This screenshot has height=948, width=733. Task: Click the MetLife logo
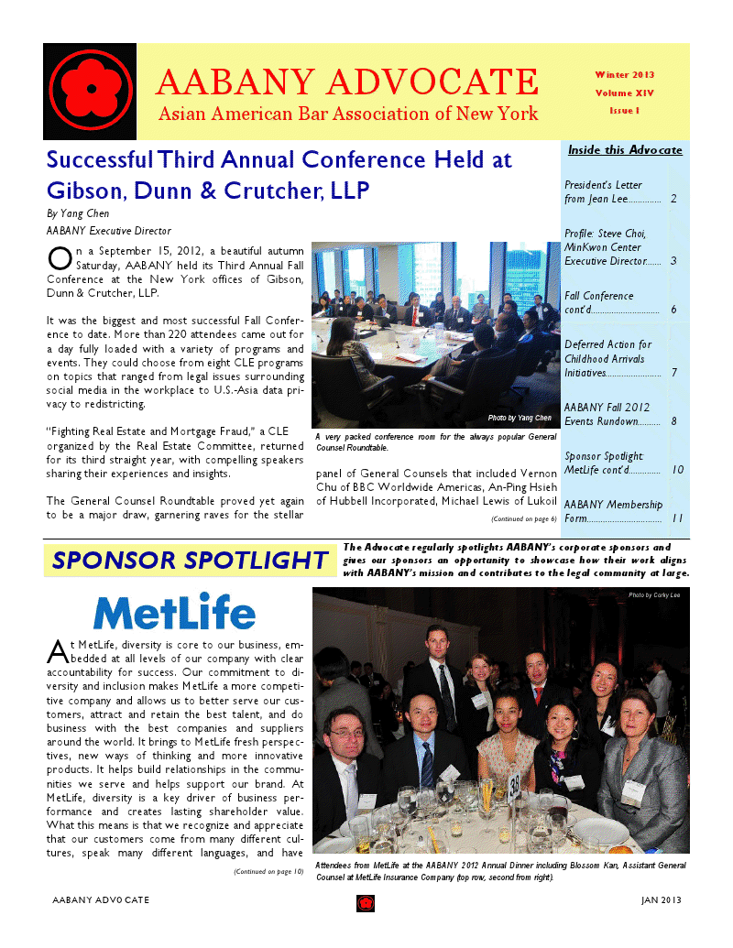pyautogui.click(x=174, y=611)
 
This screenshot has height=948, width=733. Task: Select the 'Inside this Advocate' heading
pyautogui.click(x=625, y=149)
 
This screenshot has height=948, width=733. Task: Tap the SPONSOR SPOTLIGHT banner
pyautogui.click(x=189, y=561)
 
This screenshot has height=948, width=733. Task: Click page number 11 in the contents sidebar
pyautogui.click(x=677, y=518)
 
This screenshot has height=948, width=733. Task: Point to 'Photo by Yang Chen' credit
pyautogui.click(x=520, y=418)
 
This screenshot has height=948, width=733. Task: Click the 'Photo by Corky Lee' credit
pyautogui.click(x=654, y=595)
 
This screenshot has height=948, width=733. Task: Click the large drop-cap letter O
pyautogui.click(x=58, y=257)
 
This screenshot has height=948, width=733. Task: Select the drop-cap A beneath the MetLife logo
pyautogui.click(x=57, y=652)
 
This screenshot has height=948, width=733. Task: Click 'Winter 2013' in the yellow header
pyautogui.click(x=624, y=74)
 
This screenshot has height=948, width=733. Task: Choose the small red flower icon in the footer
pyautogui.click(x=366, y=903)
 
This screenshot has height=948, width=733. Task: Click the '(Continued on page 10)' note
pyautogui.click(x=268, y=871)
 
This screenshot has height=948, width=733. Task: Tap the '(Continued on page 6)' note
pyautogui.click(x=523, y=518)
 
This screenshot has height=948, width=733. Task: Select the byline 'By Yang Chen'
pyautogui.click(x=71, y=212)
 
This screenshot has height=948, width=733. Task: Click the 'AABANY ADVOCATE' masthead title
pyautogui.click(x=346, y=83)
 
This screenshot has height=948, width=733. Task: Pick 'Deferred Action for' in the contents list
pyautogui.click(x=607, y=344)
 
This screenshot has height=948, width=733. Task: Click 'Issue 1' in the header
pyautogui.click(x=624, y=110)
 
